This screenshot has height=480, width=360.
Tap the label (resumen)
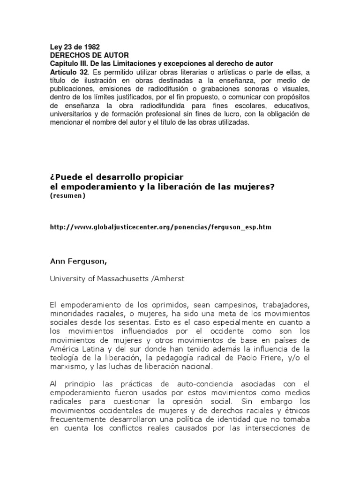pyautogui.click(x=67, y=195)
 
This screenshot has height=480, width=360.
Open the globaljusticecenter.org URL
pyautogui.click(x=160, y=227)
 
